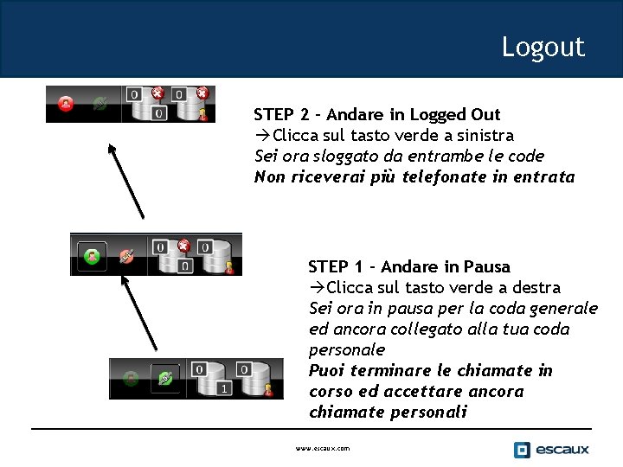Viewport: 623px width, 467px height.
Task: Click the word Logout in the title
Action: click(543, 47)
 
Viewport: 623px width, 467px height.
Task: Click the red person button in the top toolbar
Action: click(66, 104)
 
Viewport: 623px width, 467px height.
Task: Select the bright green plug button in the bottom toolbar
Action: click(164, 377)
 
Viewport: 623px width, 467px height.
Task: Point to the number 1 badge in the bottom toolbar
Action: click(224, 389)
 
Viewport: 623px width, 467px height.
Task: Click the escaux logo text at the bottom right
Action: click(562, 449)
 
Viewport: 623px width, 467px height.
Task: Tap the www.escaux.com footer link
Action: click(323, 449)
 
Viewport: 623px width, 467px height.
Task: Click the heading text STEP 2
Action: click(281, 114)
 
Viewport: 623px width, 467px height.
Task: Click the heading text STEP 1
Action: click(336, 266)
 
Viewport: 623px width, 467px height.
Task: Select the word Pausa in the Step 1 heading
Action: click(487, 266)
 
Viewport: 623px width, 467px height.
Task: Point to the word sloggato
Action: click(335, 156)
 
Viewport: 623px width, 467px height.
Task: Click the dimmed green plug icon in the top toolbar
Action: click(100, 104)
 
